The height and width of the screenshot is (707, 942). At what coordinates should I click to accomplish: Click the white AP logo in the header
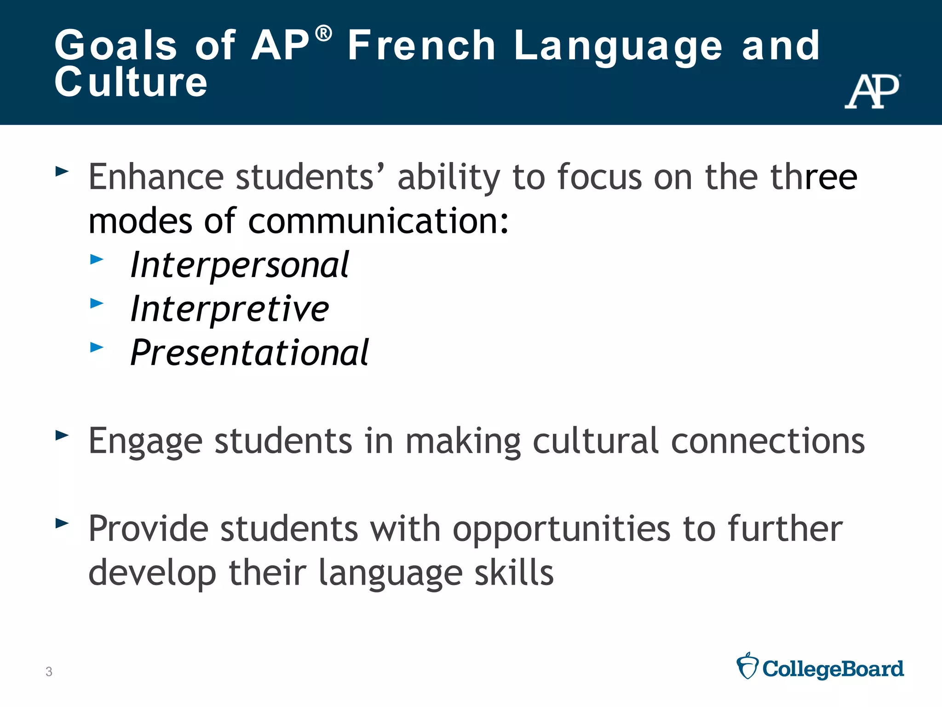872,91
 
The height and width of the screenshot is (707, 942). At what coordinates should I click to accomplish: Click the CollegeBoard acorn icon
747,666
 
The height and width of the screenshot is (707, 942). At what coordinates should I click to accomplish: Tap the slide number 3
49,672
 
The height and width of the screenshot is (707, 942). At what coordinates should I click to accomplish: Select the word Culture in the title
131,82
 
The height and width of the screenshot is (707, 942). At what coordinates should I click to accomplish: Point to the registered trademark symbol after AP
324,34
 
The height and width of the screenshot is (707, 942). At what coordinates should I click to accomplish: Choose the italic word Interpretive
230,308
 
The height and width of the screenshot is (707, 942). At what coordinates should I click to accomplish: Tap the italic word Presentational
249,353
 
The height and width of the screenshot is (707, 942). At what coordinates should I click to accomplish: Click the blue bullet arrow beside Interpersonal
97,259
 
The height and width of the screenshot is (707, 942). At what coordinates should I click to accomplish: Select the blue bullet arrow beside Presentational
97,347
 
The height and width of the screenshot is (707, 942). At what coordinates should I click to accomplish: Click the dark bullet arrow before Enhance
62,172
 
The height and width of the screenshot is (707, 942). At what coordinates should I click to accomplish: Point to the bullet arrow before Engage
62,435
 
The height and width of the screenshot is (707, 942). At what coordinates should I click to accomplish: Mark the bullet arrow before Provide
62,523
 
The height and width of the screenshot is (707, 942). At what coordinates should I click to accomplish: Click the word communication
378,221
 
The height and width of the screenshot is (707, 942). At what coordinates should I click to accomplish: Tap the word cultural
596,440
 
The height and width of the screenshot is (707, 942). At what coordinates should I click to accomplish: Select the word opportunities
562,529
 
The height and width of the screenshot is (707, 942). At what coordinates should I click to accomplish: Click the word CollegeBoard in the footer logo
833,669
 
